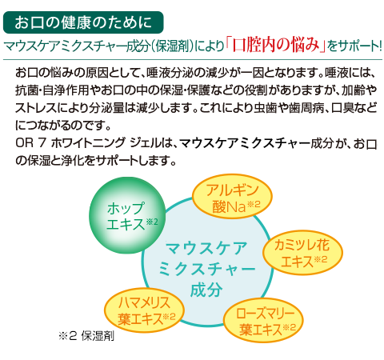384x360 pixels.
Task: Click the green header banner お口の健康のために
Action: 83,22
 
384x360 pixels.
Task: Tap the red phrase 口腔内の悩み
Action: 275,44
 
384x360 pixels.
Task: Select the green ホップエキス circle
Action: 127,215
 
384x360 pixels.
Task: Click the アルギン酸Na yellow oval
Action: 232,198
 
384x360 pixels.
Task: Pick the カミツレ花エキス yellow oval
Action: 302,253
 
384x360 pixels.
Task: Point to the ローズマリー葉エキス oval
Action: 263,320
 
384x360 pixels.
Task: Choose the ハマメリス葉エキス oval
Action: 144,310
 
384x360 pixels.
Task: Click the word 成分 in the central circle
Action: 206,290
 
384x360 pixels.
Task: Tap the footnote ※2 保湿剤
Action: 86,336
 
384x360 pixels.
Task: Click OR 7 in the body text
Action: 30,143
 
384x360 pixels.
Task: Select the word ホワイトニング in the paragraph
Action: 88,143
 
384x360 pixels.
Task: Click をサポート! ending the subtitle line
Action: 354,46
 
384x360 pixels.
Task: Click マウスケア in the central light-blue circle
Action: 206,249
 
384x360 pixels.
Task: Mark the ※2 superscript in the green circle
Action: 152,222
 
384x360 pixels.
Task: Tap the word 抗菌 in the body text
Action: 26,90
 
